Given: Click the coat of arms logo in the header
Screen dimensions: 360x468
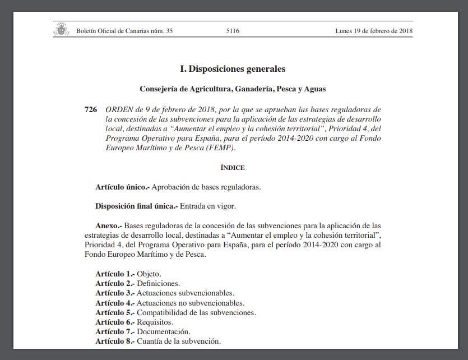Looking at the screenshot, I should (x=61, y=30).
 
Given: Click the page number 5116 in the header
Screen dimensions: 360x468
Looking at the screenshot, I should (x=233, y=31).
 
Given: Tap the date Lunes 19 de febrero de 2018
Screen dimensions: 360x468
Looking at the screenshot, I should (x=374, y=31).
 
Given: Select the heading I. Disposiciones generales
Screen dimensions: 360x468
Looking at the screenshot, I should (x=233, y=69).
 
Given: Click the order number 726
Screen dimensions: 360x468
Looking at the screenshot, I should (x=91, y=109).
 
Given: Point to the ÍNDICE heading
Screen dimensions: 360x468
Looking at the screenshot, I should (x=233, y=168).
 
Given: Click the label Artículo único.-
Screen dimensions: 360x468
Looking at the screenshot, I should (x=122, y=187).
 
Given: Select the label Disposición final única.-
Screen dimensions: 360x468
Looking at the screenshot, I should (x=136, y=206).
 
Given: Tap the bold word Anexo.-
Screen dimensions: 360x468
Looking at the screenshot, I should (x=109, y=225).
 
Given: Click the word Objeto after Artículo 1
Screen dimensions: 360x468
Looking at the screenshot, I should (x=149, y=274).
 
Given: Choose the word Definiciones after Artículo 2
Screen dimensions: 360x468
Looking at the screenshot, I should (x=159, y=284).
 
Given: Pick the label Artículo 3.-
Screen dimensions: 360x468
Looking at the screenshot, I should (x=115, y=293).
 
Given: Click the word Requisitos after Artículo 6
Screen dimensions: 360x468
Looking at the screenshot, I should (x=155, y=322).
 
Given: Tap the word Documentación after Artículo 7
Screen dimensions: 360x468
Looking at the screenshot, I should (x=163, y=331).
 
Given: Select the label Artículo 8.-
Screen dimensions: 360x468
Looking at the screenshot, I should (x=115, y=341).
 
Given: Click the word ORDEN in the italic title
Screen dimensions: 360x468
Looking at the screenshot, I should (x=119, y=109).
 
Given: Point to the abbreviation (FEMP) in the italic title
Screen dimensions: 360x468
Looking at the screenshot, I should (x=221, y=148).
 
